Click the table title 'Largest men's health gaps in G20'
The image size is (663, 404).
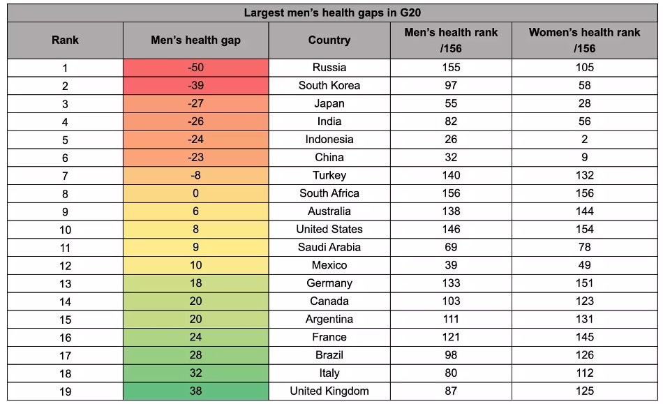(x=331, y=13)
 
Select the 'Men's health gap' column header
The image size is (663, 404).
(x=195, y=40)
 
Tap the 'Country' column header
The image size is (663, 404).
(x=329, y=40)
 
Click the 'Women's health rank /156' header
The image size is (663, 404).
(x=584, y=40)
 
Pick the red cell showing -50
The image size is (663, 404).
(x=195, y=68)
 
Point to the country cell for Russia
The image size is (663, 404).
(x=329, y=68)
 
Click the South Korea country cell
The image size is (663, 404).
(x=329, y=86)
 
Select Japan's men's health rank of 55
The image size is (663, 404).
(x=451, y=104)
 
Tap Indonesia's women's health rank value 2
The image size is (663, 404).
(x=584, y=140)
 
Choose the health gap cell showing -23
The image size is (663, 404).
(x=195, y=158)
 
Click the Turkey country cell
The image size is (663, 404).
(x=329, y=176)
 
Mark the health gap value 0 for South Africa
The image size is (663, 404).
(x=195, y=193)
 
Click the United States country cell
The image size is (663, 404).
(x=329, y=230)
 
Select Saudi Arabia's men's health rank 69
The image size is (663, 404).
(x=451, y=247)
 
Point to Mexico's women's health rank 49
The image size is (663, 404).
(x=584, y=265)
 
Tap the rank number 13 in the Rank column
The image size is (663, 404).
(x=65, y=283)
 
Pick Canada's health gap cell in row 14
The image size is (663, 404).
(x=195, y=301)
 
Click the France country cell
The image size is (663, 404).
(x=329, y=337)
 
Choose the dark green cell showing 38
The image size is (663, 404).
(x=195, y=391)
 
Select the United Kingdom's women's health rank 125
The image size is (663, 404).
(x=584, y=391)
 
